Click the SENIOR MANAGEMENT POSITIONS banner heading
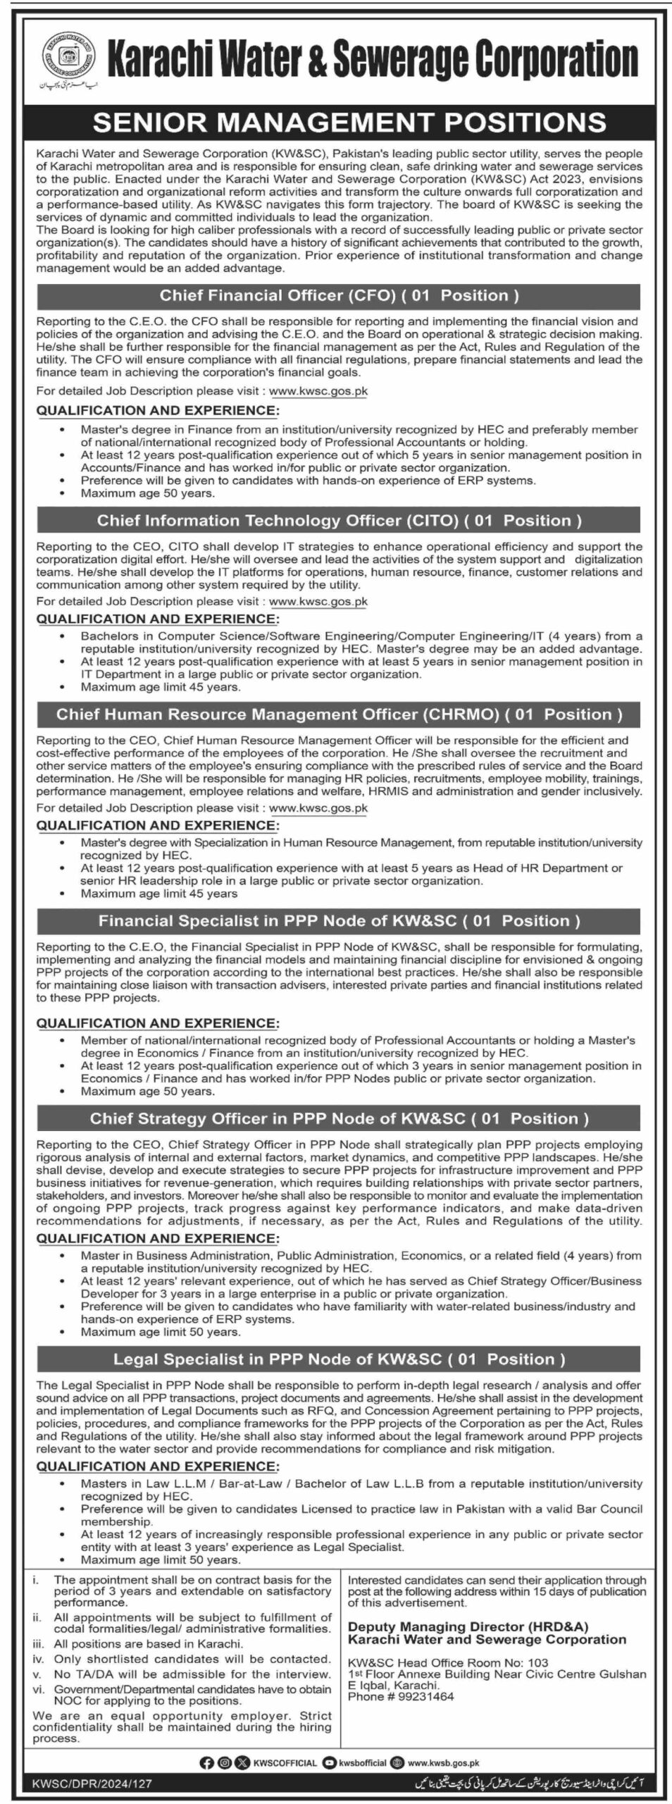click(349, 122)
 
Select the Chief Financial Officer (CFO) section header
click(339, 295)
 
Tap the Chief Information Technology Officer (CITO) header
click(339, 521)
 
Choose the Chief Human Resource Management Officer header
click(339, 715)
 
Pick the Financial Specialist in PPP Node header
click(339, 921)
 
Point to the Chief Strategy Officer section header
click(339, 1118)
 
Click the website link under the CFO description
click(318, 390)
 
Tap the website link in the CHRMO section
click(318, 808)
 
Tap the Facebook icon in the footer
click(206, 1757)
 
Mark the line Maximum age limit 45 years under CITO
click(160, 686)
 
